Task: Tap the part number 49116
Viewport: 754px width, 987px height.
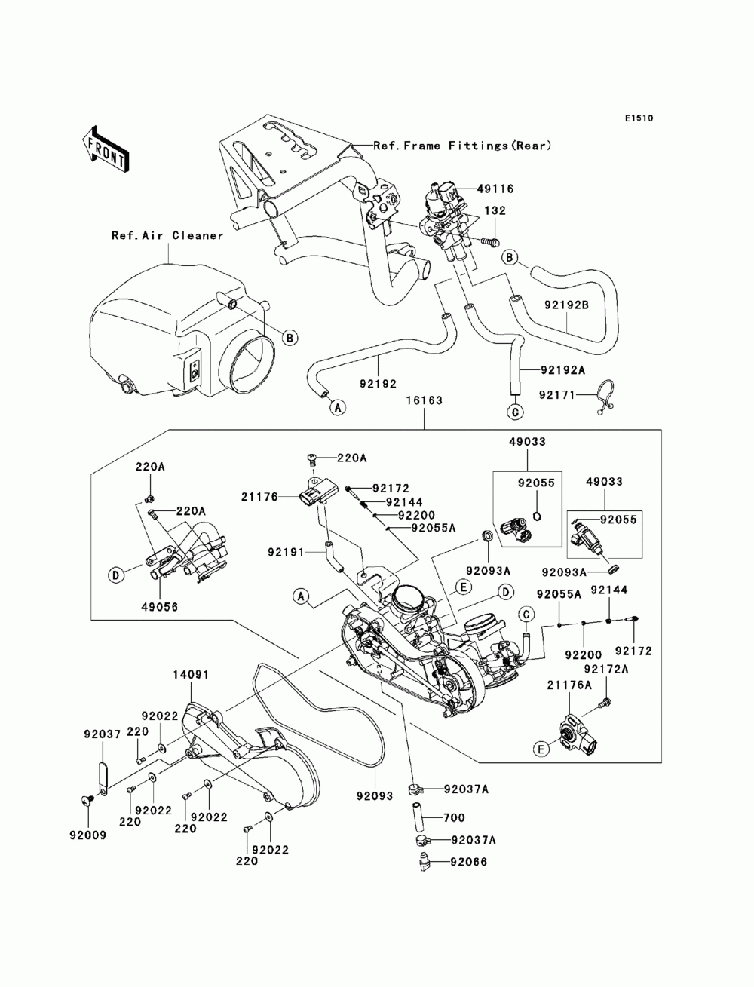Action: coord(495,189)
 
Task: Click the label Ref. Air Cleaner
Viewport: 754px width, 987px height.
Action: coord(167,235)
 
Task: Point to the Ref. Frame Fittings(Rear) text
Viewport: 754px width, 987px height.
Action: coord(462,146)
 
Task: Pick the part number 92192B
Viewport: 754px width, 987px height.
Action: coord(566,305)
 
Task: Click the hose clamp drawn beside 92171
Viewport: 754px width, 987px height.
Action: coord(604,397)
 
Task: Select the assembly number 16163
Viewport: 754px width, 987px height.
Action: coord(424,400)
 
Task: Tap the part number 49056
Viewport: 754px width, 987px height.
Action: coord(160,606)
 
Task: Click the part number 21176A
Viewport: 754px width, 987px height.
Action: coord(569,685)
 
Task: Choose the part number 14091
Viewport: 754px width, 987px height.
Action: coord(191,675)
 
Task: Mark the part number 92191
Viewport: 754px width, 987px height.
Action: coord(286,551)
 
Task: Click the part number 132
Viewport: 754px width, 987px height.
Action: coord(495,210)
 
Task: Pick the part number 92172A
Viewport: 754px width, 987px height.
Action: coord(606,669)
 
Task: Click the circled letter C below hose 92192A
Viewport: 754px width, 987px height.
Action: coord(515,411)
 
